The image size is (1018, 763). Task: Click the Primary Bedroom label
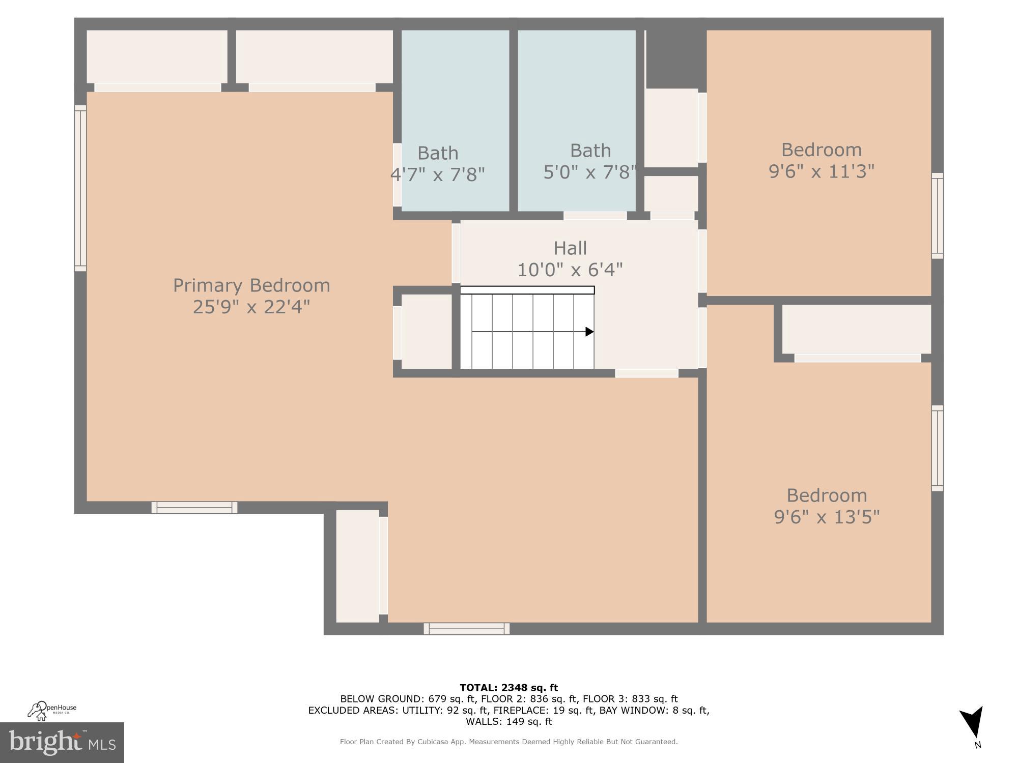coord(251,285)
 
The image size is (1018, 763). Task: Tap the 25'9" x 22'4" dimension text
coord(251,307)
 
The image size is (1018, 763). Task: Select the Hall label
coord(570,248)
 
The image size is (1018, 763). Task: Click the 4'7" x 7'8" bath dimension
coord(437,174)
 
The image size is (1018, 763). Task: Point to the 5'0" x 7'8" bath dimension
coord(589,172)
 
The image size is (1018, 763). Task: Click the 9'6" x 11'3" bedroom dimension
coord(821,171)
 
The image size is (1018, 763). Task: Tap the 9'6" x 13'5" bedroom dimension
coord(827,517)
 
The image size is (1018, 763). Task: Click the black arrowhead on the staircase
coord(589,332)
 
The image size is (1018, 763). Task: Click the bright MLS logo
coord(62,742)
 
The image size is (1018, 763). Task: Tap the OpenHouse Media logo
coord(52,710)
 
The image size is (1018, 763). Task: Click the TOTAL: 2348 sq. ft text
coord(508,688)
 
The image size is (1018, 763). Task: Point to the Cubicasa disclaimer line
coord(508,742)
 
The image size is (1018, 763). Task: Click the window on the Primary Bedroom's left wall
coord(80,188)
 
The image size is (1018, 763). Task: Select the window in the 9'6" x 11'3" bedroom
coord(937,216)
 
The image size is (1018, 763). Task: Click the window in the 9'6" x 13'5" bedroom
coord(937,448)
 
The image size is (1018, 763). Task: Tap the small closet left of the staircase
coord(427,332)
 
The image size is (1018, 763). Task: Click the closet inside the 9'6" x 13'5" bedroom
coord(856,329)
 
